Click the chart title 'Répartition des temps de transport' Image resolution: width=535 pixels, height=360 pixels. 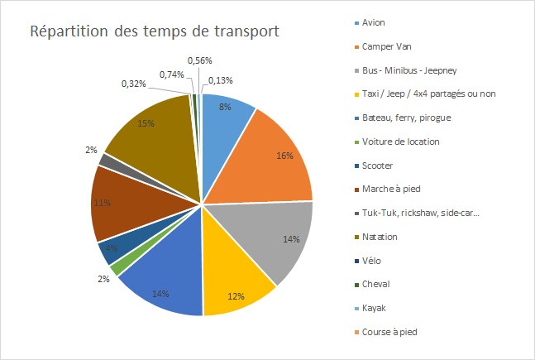(x=155, y=32)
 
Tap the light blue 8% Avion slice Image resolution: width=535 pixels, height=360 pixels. (x=226, y=116)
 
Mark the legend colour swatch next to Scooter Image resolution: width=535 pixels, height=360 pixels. (x=356, y=166)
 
